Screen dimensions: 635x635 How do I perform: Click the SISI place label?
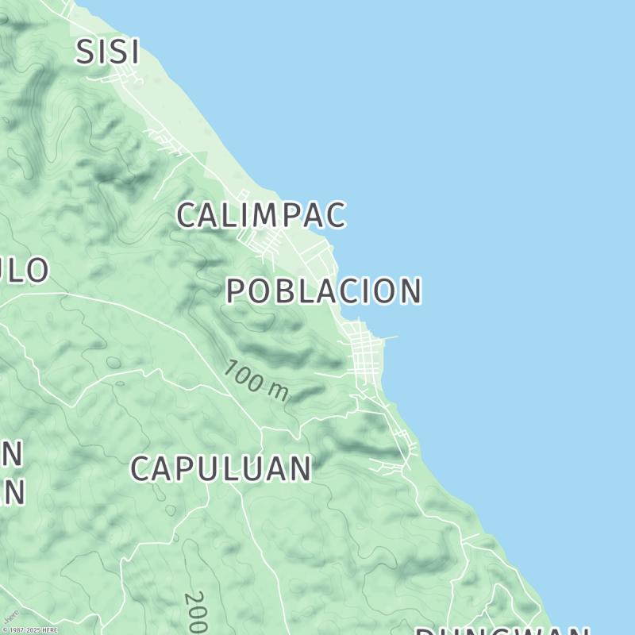click(x=108, y=52)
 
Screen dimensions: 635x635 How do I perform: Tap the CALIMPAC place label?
click(x=261, y=215)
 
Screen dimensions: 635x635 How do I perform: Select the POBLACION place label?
click(x=323, y=291)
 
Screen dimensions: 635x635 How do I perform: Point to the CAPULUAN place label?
click(x=220, y=469)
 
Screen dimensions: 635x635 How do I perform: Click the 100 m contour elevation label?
click(x=256, y=381)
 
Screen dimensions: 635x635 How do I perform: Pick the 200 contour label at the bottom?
click(x=195, y=611)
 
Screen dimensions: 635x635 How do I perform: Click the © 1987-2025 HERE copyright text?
click(x=29, y=630)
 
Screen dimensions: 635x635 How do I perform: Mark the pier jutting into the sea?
click(x=389, y=337)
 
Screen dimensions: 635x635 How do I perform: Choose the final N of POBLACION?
click(x=408, y=291)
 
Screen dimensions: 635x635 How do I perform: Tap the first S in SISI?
click(x=85, y=52)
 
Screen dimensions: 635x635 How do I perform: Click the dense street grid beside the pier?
click(x=364, y=353)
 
